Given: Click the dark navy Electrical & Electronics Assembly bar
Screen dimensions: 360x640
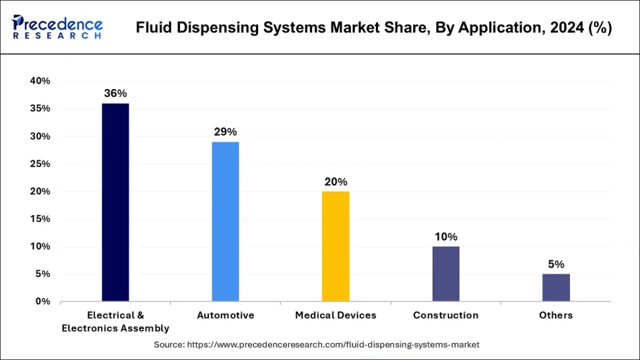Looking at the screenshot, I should [115, 202].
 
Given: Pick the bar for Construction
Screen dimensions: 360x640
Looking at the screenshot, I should [445, 274].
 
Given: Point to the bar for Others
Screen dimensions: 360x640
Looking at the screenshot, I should [556, 287].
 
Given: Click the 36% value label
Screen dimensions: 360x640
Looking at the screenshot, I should [115, 93].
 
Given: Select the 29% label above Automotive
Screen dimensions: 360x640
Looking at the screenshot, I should [225, 131].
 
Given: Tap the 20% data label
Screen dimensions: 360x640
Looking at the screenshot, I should [335, 181].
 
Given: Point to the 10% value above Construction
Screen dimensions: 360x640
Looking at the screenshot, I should [445, 237].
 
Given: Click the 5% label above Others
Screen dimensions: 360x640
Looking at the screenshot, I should [556, 264].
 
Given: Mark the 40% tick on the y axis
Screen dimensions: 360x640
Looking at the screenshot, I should [40, 81].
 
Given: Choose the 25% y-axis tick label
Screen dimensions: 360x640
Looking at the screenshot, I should [40, 164].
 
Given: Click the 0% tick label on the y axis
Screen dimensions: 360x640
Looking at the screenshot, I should [42, 301].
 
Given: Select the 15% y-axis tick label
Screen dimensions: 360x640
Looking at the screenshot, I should [40, 219].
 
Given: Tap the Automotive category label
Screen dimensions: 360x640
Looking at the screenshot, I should [225, 316].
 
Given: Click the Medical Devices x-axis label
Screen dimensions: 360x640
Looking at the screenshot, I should [335, 316].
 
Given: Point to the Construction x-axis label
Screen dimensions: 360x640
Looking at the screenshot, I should [445, 316].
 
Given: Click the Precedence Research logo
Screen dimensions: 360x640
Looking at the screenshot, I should [57, 28].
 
